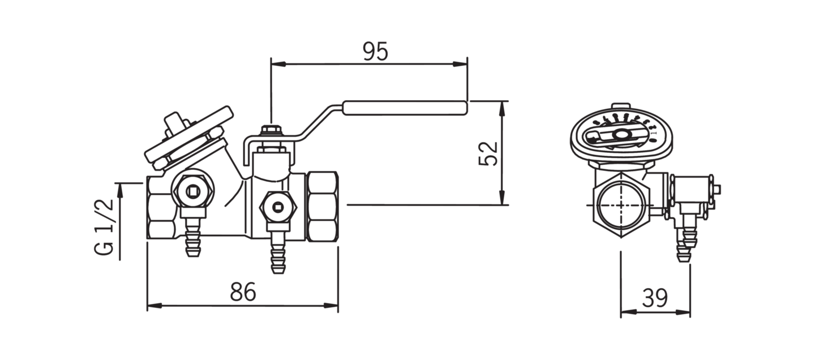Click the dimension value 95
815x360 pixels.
pyautogui.click(x=375, y=52)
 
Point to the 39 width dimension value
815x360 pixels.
pyautogui.click(x=655, y=297)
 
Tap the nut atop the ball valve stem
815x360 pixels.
pyautogui.click(x=271, y=131)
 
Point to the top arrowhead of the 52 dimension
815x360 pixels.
pyautogui.click(x=502, y=107)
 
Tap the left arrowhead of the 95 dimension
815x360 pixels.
pyautogui.click(x=277, y=64)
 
